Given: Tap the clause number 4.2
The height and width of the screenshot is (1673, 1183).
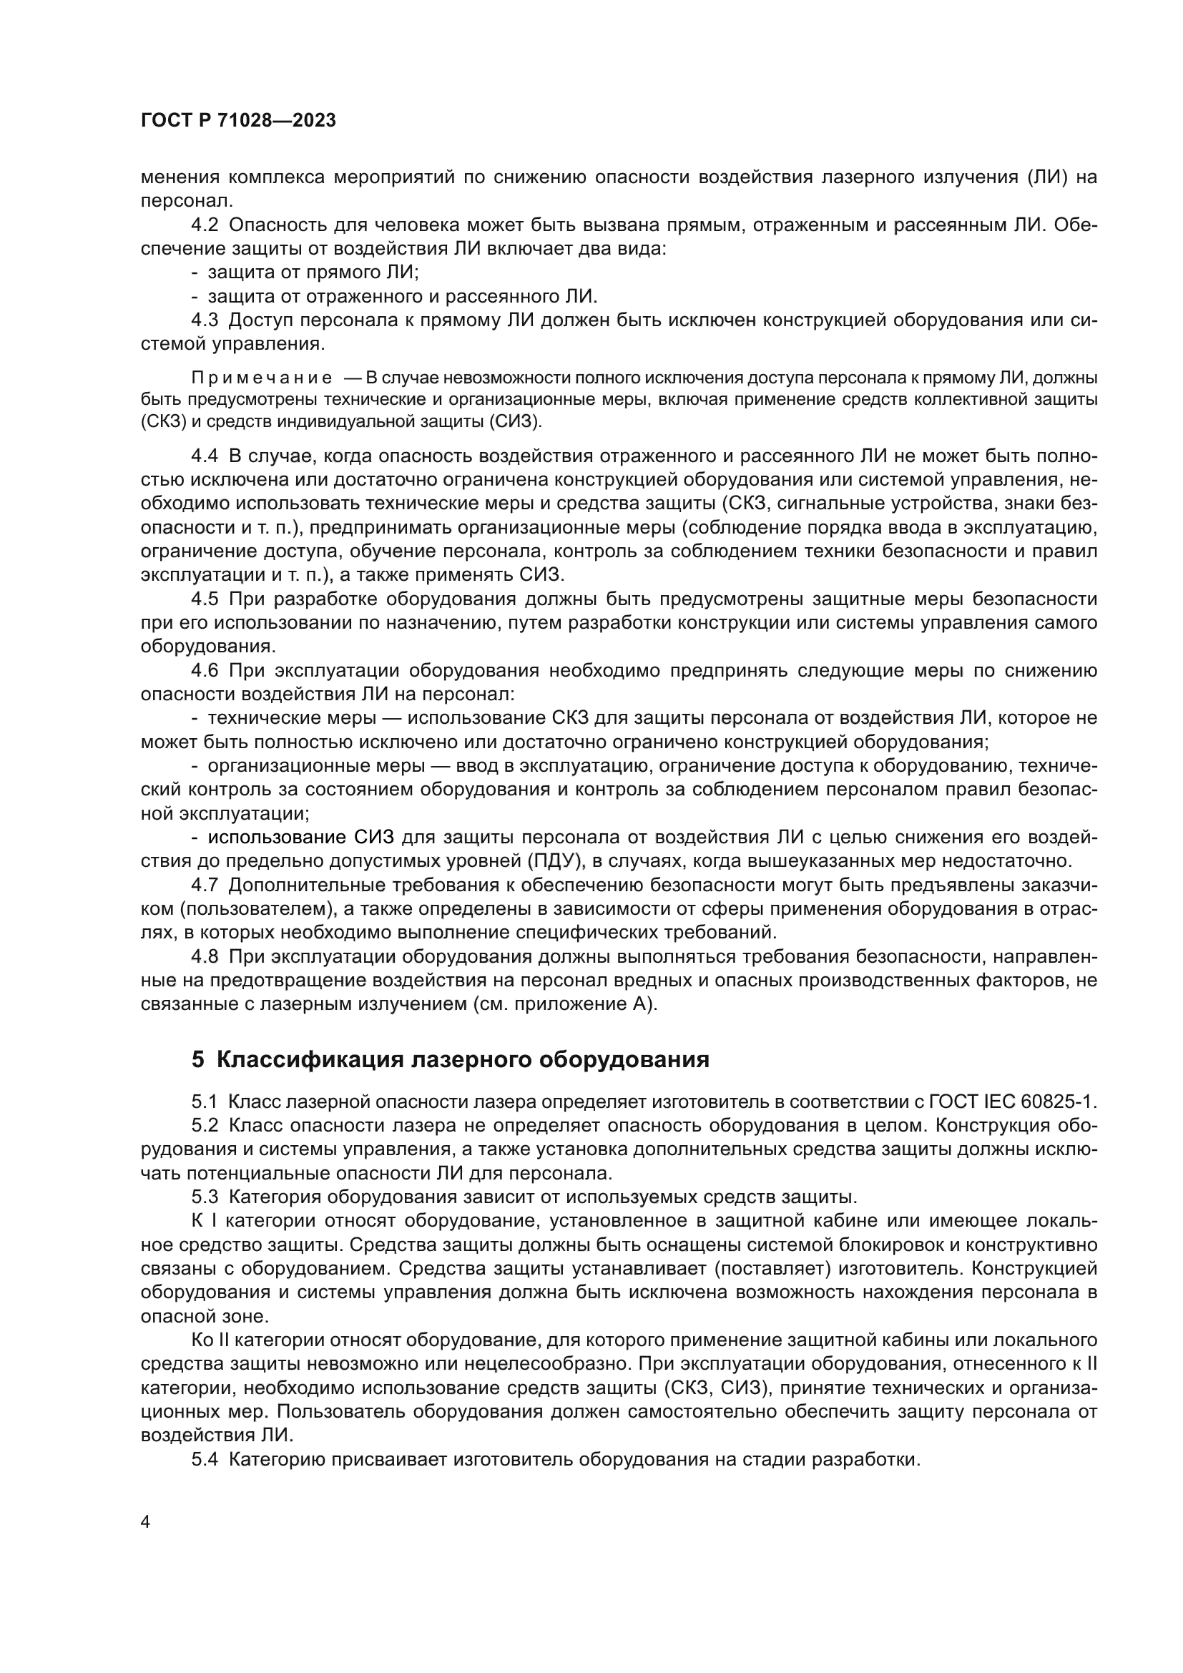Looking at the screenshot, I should [x=205, y=225].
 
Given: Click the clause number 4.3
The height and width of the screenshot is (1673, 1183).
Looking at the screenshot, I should [x=205, y=320].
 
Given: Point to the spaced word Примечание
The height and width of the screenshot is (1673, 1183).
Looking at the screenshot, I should [x=262, y=378].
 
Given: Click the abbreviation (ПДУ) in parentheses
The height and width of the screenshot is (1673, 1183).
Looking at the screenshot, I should [x=554, y=861].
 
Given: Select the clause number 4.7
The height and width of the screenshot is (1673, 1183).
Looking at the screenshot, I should [x=205, y=885].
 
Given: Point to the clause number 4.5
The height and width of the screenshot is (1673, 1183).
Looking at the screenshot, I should [x=205, y=599].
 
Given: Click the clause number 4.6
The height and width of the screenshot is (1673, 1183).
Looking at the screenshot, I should [x=205, y=670].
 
